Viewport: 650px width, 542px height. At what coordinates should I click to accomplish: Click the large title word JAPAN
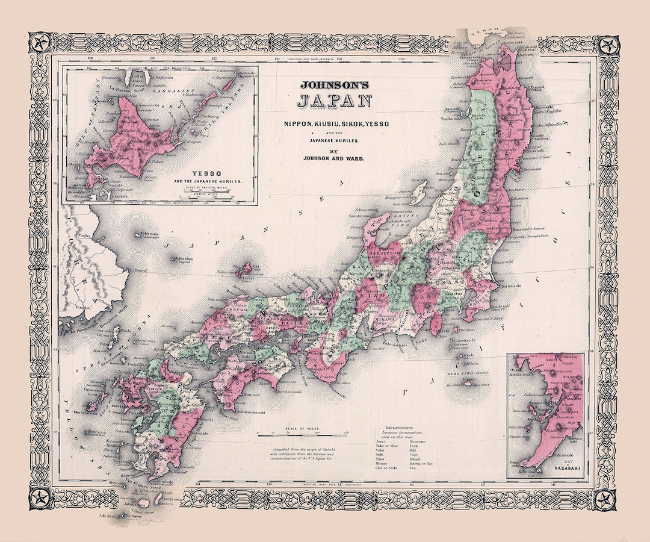point(336,101)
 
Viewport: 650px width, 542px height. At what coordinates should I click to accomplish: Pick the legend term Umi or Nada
point(382,467)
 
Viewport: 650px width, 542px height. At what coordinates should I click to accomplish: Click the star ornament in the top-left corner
point(41,44)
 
